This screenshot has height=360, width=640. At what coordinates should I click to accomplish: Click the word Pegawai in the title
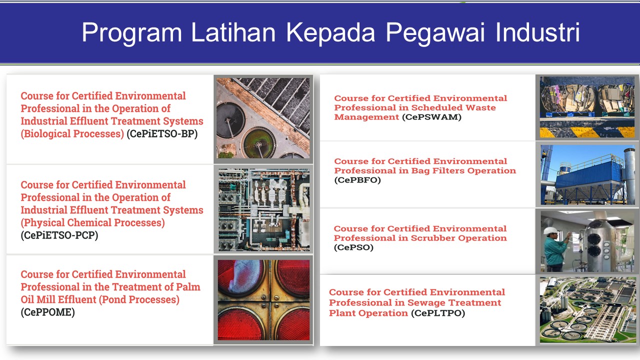435,33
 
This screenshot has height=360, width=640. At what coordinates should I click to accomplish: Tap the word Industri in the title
537,32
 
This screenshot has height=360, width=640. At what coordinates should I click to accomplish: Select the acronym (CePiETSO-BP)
162,133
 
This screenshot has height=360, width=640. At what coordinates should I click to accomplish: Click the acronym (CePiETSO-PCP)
59,235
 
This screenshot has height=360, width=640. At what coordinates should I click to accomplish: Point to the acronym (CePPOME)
47,312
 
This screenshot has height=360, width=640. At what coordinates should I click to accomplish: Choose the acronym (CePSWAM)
431,117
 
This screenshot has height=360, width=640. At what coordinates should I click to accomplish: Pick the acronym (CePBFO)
357,180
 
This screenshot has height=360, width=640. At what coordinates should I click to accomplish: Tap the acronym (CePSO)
353,247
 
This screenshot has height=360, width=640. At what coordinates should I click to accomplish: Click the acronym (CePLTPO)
438,313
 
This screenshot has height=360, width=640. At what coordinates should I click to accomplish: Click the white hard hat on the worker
550,230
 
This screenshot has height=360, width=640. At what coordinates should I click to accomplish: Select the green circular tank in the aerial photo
258,142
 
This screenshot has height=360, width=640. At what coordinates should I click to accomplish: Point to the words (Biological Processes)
72,133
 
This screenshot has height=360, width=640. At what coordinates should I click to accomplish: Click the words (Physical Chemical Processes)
93,222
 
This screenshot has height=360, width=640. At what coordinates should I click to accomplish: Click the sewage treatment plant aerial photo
587,309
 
